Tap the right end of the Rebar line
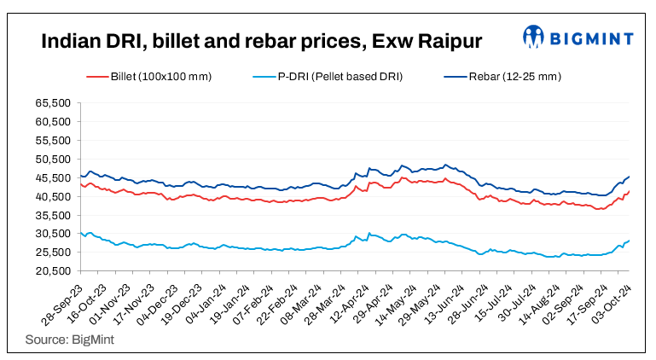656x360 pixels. (630, 177)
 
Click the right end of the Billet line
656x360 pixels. (630, 191)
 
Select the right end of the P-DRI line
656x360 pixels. (630, 241)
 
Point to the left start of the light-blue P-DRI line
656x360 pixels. (79, 233)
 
